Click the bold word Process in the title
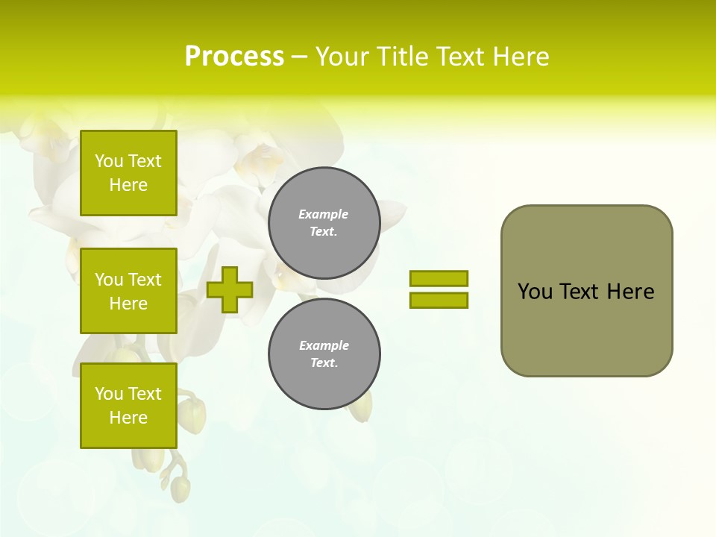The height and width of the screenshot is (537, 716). (x=234, y=57)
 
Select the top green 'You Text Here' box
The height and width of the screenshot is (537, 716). (x=128, y=173)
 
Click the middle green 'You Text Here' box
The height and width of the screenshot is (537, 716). (x=128, y=291)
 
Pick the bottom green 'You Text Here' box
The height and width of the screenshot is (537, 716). (x=128, y=405)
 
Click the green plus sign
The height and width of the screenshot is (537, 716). (x=230, y=289)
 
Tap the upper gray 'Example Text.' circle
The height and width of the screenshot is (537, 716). (x=324, y=223)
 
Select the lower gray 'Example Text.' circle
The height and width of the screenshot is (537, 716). (x=324, y=354)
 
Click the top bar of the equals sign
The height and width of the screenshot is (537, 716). (x=439, y=278)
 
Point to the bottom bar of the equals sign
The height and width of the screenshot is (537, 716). (x=439, y=300)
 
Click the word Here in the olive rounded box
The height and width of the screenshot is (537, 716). (x=630, y=292)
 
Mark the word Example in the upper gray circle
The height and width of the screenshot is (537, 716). (x=324, y=214)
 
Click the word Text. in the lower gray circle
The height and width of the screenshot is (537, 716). (x=324, y=363)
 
